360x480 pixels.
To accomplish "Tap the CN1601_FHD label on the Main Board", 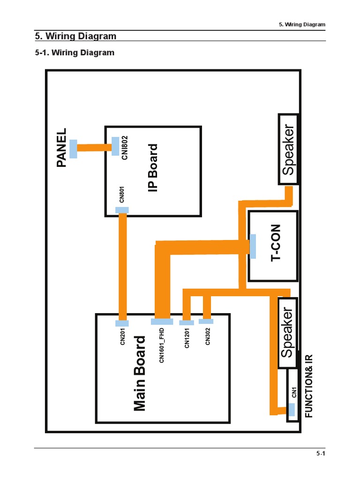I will click(x=162, y=346).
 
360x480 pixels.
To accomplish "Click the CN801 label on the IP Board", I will click(x=121, y=194).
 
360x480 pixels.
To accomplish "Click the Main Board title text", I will click(x=140, y=373).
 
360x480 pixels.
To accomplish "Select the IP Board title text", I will click(x=153, y=168).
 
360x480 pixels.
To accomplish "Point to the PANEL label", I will click(x=62, y=148).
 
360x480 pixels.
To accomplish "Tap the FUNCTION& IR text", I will click(x=308, y=386).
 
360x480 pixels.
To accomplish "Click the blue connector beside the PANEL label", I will click(x=74, y=149).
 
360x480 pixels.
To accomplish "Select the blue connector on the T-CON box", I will click(x=253, y=246).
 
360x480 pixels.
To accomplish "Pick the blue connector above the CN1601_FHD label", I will click(x=162, y=322).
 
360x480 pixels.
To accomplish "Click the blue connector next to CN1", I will click(x=292, y=410).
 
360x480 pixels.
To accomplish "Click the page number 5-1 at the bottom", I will click(x=321, y=453).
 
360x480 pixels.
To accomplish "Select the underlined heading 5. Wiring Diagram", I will click(x=76, y=36).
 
